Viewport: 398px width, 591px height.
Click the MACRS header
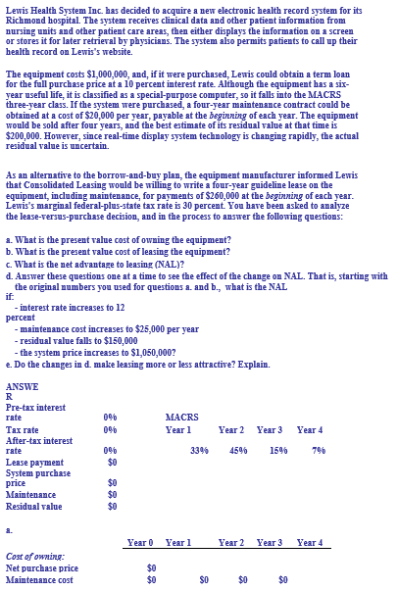coord(182,417)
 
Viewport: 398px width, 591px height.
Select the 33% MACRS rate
coord(199,450)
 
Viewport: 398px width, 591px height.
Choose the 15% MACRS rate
coord(278,450)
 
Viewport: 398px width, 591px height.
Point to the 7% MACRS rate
coord(318,450)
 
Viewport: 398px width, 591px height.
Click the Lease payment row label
coord(34,461)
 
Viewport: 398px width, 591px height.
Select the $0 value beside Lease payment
coord(112,461)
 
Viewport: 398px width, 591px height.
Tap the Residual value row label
coord(33,507)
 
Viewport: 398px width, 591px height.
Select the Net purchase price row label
coord(42,567)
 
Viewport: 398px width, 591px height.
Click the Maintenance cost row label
coord(39,579)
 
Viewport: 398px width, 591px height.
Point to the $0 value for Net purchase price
coord(151,567)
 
